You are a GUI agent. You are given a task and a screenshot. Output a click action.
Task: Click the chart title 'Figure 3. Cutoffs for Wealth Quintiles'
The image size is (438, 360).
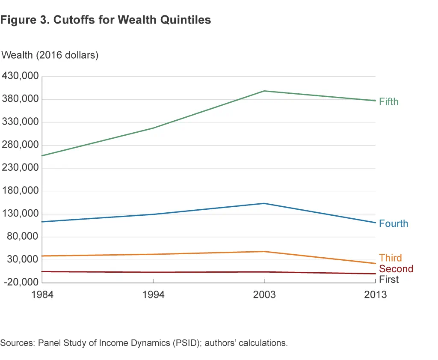[x=106, y=20]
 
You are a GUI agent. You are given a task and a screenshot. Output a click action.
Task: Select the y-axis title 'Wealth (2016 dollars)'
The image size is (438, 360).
[x=50, y=55]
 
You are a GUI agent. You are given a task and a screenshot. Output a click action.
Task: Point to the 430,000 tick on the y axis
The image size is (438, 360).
[x=21, y=77]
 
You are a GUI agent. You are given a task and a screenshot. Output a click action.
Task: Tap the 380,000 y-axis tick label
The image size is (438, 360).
[x=21, y=99]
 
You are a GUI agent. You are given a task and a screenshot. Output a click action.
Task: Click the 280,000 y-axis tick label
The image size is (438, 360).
[x=21, y=145]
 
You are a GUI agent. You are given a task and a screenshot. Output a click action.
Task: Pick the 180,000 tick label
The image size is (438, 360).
[x=21, y=191]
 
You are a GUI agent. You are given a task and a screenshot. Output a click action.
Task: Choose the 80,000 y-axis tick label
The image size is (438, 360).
[x=23, y=237]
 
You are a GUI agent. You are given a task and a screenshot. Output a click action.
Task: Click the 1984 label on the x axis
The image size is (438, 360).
[x=43, y=295]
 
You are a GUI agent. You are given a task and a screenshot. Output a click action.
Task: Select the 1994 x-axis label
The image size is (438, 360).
[x=153, y=295]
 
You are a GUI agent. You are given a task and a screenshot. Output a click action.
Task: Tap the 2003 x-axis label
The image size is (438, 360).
[x=264, y=295]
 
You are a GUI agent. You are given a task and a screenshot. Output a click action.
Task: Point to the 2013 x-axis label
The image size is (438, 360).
[x=376, y=295]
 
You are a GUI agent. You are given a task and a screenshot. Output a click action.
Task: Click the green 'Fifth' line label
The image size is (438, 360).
[x=388, y=102]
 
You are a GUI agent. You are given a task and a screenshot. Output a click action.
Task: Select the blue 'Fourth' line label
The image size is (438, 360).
[x=394, y=224]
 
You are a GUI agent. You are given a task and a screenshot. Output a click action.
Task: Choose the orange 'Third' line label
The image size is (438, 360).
[x=391, y=258]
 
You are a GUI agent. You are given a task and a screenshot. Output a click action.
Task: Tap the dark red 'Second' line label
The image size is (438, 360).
[x=396, y=269]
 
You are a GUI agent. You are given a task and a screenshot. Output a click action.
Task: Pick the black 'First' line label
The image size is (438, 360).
[x=389, y=280]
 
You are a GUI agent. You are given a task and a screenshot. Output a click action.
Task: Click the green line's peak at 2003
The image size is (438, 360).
[x=264, y=91]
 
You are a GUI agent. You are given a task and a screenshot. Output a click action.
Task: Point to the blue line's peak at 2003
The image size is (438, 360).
[x=264, y=203]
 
